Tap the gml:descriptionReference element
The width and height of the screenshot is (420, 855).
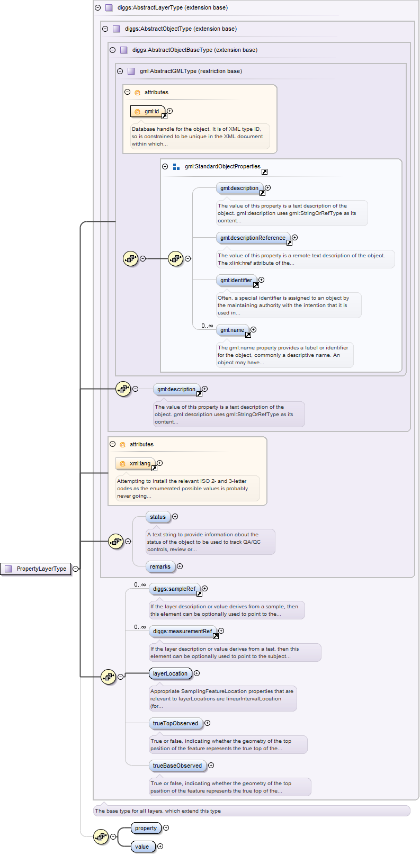click(x=253, y=238)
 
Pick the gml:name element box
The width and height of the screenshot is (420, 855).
click(x=233, y=330)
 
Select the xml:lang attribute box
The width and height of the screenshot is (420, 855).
click(x=136, y=463)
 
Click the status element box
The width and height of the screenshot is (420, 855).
click(x=157, y=517)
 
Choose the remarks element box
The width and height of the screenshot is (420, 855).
click(x=160, y=566)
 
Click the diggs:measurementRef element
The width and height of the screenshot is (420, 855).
click(x=183, y=631)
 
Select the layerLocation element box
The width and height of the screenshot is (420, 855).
click(x=170, y=673)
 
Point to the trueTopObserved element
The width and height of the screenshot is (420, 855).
click(x=175, y=723)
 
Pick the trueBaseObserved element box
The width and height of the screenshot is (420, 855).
click(x=177, y=766)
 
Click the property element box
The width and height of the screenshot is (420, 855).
click(x=146, y=828)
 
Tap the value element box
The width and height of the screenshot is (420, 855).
click(x=142, y=847)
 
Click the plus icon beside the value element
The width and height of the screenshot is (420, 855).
click(x=160, y=847)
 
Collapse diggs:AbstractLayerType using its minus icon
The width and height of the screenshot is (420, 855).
click(x=97, y=8)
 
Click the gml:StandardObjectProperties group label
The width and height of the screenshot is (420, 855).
click(x=222, y=166)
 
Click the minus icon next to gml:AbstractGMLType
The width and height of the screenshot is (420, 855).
click(x=120, y=71)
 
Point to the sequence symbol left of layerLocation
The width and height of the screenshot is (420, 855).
click(x=108, y=677)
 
